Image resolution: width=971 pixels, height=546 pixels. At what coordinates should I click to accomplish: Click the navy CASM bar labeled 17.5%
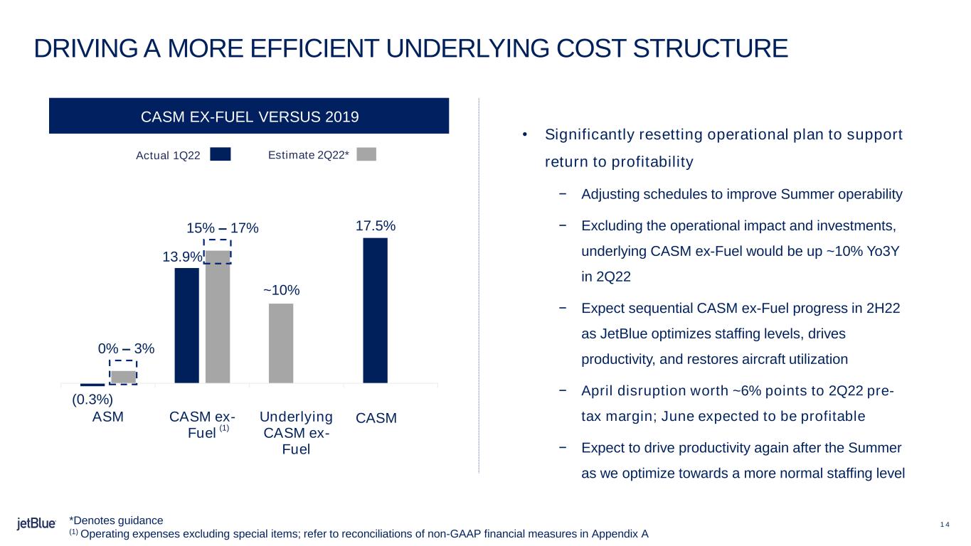[x=376, y=310]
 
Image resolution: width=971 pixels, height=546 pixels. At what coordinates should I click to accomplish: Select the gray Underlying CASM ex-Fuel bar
[x=281, y=343]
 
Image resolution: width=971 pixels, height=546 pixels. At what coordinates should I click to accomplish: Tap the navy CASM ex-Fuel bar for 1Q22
[x=187, y=326]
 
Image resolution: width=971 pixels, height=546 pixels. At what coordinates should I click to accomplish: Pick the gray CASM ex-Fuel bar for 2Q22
[x=218, y=317]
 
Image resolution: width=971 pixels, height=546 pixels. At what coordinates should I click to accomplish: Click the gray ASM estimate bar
[x=124, y=377]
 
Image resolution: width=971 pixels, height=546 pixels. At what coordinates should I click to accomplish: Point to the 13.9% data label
[x=182, y=257]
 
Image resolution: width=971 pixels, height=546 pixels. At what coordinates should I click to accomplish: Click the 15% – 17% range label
[x=223, y=228]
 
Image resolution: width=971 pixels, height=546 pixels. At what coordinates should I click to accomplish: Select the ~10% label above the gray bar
[x=281, y=290]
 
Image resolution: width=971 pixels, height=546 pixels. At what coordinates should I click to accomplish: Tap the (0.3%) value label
[x=92, y=399]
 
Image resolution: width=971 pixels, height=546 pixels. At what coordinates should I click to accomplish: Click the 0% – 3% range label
[x=126, y=348]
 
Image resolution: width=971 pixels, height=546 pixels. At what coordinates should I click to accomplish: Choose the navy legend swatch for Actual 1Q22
[x=221, y=154]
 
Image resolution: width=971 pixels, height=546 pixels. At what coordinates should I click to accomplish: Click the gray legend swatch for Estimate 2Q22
[x=366, y=154]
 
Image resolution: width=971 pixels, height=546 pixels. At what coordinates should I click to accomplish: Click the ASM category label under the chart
[x=108, y=417]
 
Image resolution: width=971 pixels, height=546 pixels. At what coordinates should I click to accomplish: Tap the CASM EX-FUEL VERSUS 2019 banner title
[x=250, y=117]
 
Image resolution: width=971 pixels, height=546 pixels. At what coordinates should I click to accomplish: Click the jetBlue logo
[x=36, y=523]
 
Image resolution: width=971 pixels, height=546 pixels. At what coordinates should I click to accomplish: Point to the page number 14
[x=945, y=525]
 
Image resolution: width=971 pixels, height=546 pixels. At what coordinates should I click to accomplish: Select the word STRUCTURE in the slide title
[x=710, y=48]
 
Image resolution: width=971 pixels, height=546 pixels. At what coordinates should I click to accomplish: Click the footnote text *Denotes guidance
[x=116, y=520]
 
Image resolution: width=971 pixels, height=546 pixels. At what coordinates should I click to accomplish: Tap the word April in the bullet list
[x=597, y=391]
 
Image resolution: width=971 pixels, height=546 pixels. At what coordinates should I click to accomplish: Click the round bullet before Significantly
[x=524, y=135]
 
